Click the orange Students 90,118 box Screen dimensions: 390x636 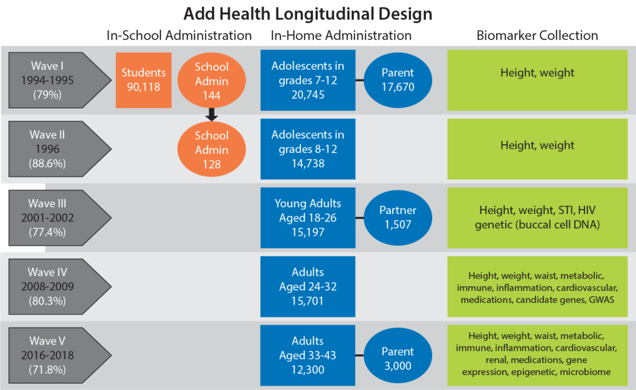coord(144,80)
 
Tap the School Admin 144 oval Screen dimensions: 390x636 coord(211,81)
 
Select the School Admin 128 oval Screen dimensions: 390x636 coord(211,150)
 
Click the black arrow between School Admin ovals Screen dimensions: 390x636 coord(211,114)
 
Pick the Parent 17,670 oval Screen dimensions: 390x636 coord(397,80)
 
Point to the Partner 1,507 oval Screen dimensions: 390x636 coord(397,217)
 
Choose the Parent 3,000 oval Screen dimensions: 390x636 coord(397,358)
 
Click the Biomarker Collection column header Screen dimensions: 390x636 coord(537,35)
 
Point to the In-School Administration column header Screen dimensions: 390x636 coord(179,35)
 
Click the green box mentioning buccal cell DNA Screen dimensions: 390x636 coord(537,218)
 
